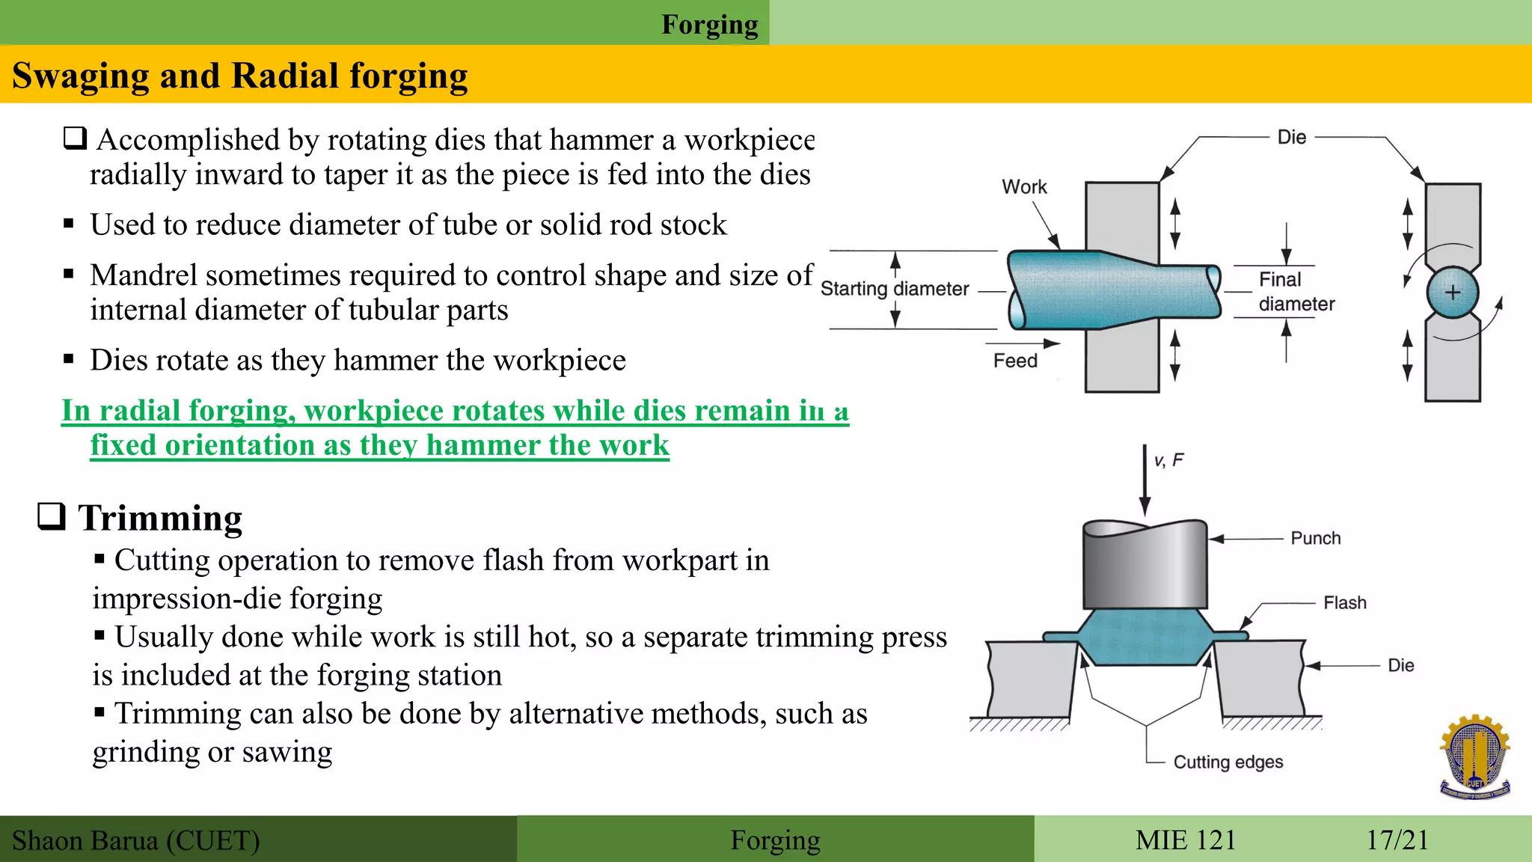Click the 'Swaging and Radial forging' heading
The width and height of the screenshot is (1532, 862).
tap(239, 76)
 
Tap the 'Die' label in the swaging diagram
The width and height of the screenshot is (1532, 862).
tap(1292, 138)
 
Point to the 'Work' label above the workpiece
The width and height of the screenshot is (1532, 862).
tap(1024, 187)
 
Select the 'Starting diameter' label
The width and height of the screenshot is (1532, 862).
tap(895, 289)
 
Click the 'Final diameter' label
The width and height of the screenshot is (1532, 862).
tap(1296, 292)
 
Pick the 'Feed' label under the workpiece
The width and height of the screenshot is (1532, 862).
tap(1015, 361)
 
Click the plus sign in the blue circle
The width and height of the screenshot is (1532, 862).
tap(1453, 293)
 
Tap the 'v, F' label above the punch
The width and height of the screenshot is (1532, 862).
tap(1168, 461)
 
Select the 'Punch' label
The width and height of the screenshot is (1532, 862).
tap(1316, 539)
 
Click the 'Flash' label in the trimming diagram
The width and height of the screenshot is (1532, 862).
tap(1344, 603)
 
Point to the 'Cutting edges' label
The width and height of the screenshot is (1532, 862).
tap(1228, 762)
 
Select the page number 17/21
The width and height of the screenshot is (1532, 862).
tap(1397, 840)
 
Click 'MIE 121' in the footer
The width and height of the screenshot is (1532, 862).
tap(1186, 840)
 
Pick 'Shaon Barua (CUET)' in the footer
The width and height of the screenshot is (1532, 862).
tap(135, 841)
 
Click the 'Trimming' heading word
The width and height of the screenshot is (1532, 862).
tap(160, 519)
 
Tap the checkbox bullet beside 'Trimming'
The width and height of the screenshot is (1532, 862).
tap(52, 516)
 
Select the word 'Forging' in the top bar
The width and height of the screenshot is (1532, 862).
tap(709, 25)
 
